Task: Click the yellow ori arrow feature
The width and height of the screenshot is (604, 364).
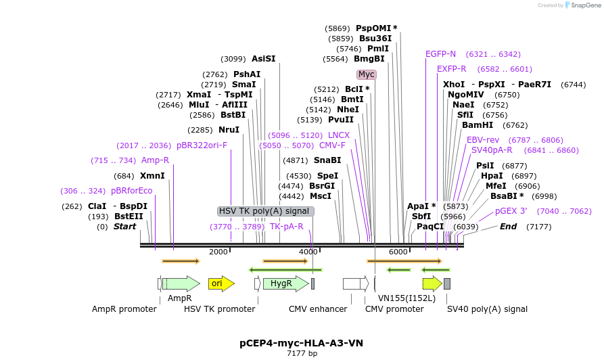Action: tap(220, 283)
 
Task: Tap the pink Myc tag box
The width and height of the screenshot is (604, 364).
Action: tap(367, 74)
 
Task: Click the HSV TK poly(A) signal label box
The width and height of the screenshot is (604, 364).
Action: tap(266, 211)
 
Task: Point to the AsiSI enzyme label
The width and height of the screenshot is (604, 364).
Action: tap(264, 59)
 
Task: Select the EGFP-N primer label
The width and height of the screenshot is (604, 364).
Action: tap(441, 54)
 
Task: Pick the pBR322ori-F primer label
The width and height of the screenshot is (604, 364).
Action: tap(202, 145)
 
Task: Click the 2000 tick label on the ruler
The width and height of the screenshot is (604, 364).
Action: tap(218, 252)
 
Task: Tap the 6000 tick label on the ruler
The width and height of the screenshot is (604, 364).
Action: tap(398, 252)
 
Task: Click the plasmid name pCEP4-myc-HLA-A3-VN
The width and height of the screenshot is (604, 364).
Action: tap(302, 343)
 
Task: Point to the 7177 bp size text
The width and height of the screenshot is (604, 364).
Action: tap(302, 353)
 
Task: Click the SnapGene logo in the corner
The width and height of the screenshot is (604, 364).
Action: tap(583, 5)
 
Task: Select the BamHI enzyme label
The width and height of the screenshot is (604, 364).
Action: tap(478, 125)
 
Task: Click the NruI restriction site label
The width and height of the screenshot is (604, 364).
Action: tap(229, 130)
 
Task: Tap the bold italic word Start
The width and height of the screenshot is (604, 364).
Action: tap(125, 227)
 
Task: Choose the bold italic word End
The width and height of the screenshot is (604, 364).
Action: tap(508, 227)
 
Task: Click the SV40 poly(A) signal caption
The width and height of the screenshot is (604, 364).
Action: tap(487, 309)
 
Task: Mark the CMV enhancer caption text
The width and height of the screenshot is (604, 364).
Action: tap(318, 309)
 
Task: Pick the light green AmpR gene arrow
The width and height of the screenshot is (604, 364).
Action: tap(181, 283)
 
